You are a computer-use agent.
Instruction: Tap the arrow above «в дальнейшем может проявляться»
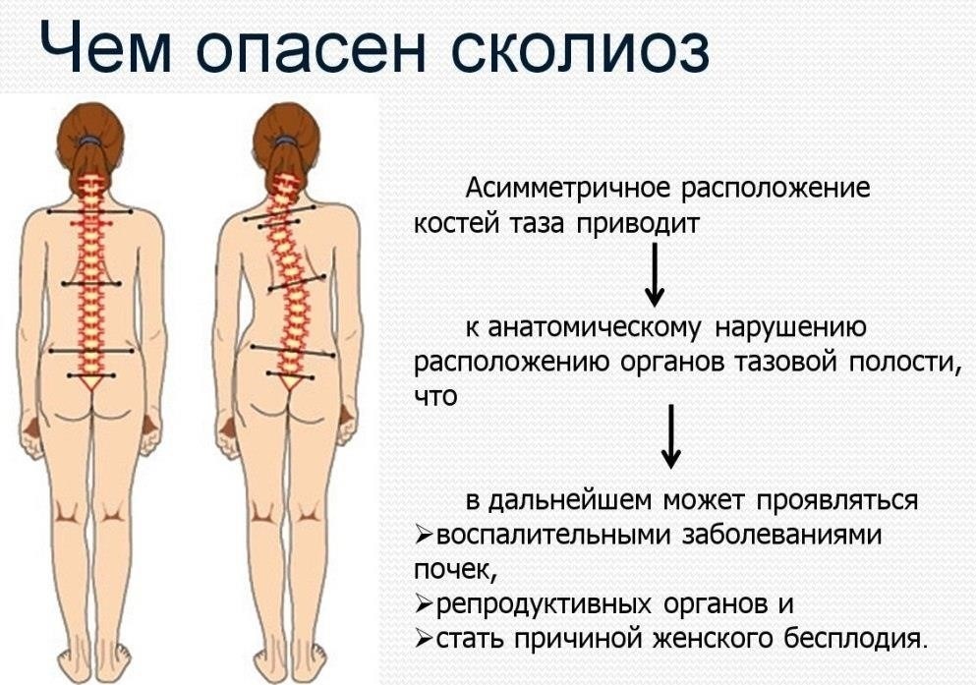670,433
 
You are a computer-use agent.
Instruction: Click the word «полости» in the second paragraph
898,362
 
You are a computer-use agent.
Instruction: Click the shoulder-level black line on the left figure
89,212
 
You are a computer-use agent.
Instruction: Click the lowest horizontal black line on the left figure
91,374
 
